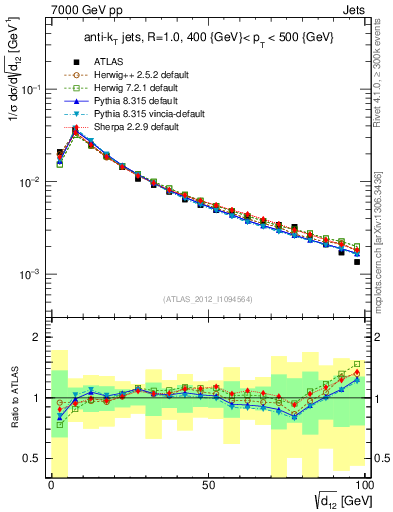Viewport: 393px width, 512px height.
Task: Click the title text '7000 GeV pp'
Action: (x=72, y=9)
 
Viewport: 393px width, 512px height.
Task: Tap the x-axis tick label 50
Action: (x=208, y=485)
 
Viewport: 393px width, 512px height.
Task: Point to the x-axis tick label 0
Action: (x=51, y=485)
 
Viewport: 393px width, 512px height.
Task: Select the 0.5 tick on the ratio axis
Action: (x=33, y=458)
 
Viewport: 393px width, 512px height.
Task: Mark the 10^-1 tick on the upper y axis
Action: (x=31, y=89)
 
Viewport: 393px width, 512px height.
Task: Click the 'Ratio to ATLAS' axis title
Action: (x=12, y=397)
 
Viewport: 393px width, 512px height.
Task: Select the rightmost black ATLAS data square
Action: (x=356, y=262)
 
